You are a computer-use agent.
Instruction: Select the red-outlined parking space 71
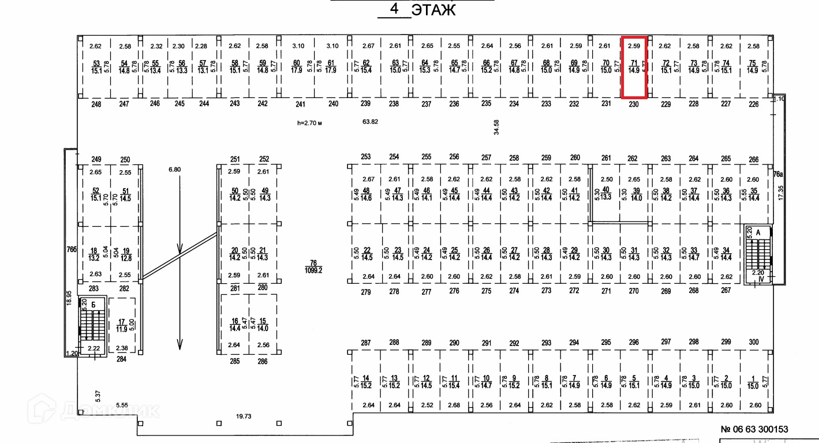click(634, 67)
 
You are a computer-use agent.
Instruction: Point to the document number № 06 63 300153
click(754, 429)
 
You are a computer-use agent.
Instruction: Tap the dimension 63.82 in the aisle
click(370, 122)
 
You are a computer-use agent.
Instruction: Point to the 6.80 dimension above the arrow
click(174, 170)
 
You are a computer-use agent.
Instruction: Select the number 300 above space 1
click(754, 343)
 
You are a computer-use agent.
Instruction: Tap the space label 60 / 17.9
click(297, 67)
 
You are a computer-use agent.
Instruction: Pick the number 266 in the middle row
click(754, 159)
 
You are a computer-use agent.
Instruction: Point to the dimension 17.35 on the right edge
click(781, 193)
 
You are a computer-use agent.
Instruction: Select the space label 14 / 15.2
click(366, 381)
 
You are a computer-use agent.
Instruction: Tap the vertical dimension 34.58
click(496, 127)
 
